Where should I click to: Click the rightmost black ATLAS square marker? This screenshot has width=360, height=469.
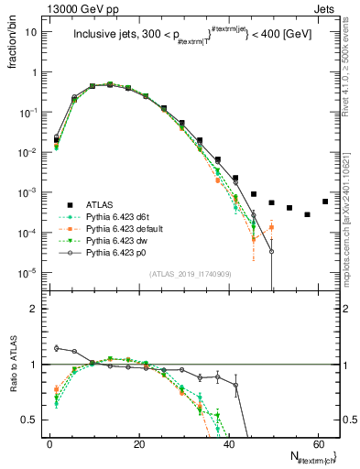coord(325,202)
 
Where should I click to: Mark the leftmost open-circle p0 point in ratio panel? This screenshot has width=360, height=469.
coord(57,348)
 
